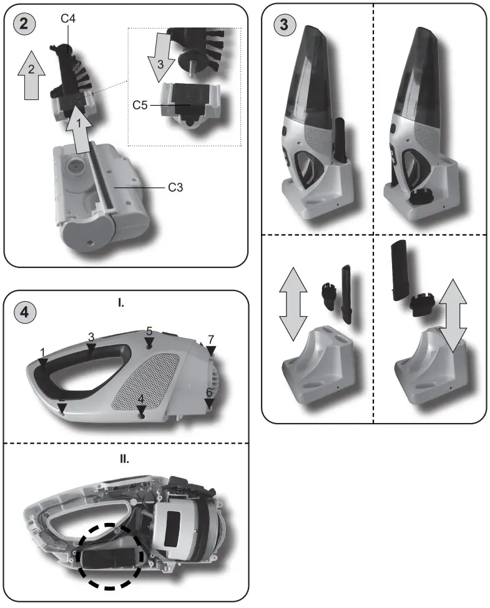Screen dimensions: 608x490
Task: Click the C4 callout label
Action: click(69, 19)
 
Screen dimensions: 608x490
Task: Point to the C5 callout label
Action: click(140, 105)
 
